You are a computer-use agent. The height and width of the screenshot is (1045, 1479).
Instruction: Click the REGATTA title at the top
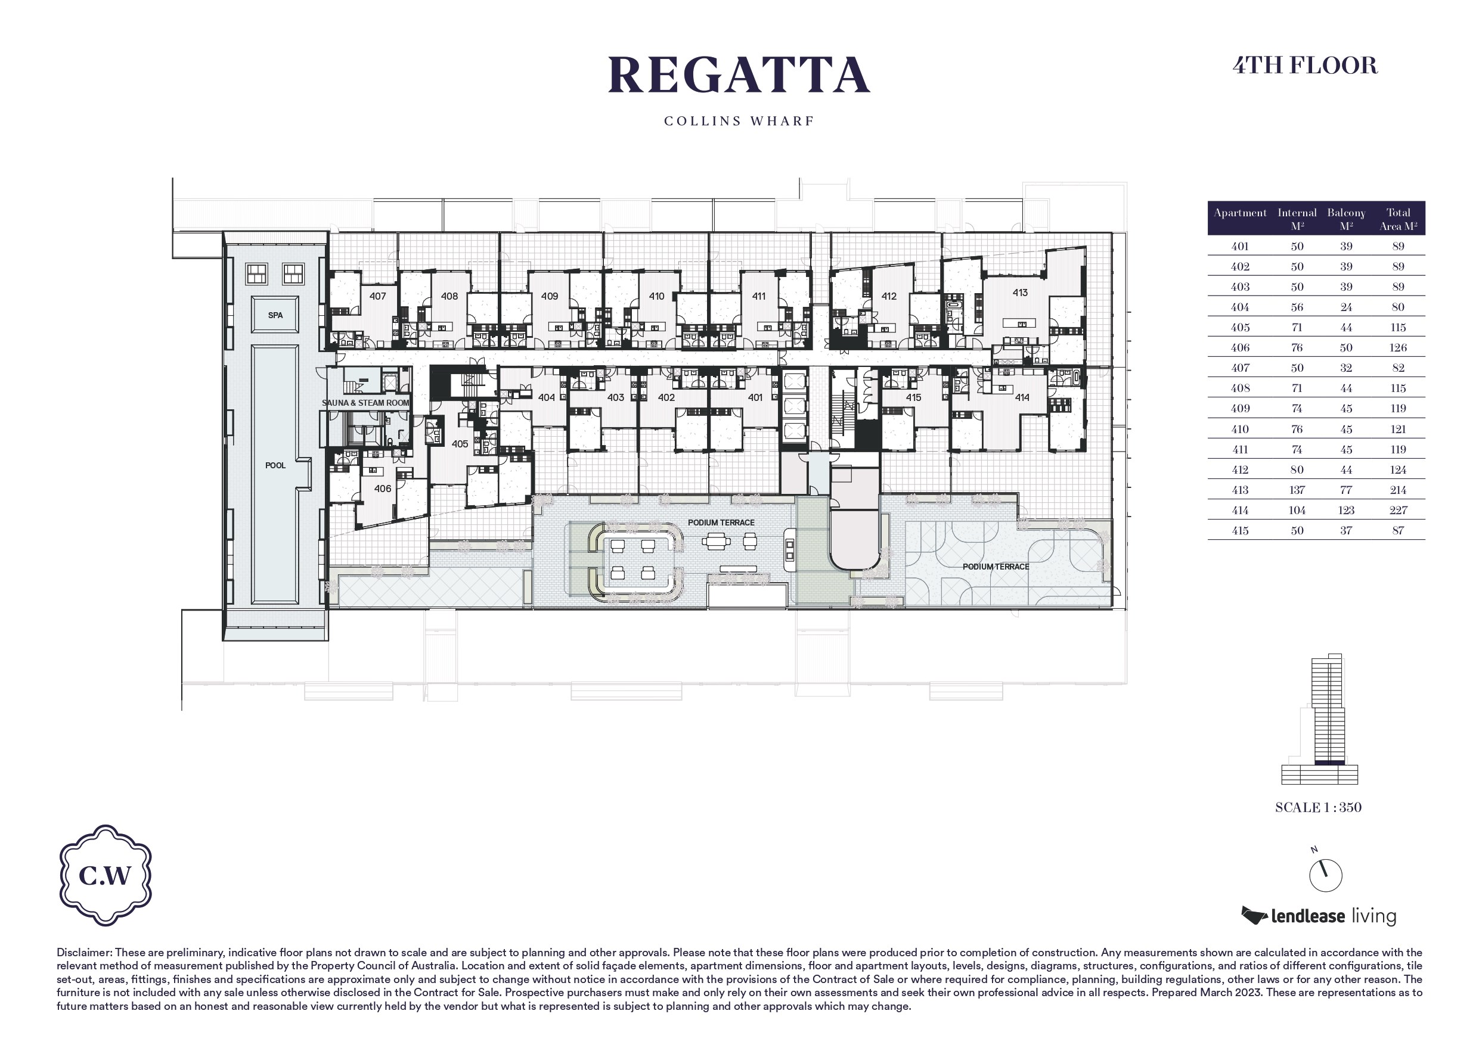click(x=739, y=75)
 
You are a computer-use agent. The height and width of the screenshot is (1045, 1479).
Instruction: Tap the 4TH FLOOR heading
click(x=1305, y=66)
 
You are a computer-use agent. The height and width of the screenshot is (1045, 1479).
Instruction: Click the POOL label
click(x=275, y=465)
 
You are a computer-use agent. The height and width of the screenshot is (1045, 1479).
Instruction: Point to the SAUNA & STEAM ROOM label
click(x=365, y=403)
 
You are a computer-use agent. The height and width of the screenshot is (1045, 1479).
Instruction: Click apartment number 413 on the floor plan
click(x=1020, y=293)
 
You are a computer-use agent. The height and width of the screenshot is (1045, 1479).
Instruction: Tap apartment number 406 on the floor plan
click(x=383, y=489)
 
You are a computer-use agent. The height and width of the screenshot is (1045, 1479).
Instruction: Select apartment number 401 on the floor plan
click(x=755, y=398)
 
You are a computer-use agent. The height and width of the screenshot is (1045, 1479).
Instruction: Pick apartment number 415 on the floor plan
click(x=913, y=398)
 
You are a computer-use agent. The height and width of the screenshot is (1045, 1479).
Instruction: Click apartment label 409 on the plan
click(x=550, y=297)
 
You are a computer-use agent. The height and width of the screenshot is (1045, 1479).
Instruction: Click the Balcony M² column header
click(x=1346, y=219)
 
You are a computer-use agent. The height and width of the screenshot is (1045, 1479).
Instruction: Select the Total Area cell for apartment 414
click(x=1398, y=511)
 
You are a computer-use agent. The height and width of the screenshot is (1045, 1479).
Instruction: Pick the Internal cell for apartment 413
click(x=1297, y=490)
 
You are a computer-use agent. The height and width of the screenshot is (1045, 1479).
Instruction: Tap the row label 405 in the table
click(x=1240, y=328)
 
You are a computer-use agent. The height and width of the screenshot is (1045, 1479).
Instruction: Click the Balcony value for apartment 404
click(x=1346, y=308)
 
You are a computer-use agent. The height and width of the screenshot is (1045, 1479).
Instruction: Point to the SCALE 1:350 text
click(x=1318, y=807)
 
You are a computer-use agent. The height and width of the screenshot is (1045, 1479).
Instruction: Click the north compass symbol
click(x=1325, y=875)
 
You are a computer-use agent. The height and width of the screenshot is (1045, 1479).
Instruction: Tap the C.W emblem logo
click(x=106, y=875)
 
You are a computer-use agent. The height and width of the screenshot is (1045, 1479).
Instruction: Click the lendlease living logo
click(x=1319, y=916)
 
